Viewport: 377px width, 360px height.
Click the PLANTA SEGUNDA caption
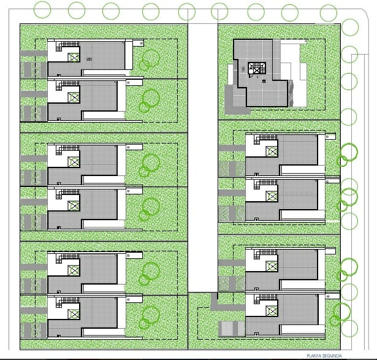(x=324, y=356)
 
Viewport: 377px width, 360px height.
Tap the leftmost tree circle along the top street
(x=42, y=10)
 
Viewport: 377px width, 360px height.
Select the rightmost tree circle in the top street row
(x=329, y=13)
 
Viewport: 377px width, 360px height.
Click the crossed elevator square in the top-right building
(x=257, y=71)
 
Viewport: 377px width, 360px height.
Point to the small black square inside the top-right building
(x=264, y=82)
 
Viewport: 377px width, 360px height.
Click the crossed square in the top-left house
(x=74, y=58)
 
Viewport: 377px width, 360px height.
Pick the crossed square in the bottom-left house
(x=74, y=314)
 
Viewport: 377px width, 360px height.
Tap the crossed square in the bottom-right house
(x=272, y=311)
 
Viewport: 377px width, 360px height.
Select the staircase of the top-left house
(x=67, y=46)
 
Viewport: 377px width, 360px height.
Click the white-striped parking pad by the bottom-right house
(x=231, y=329)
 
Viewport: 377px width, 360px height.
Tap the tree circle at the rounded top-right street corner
(x=350, y=27)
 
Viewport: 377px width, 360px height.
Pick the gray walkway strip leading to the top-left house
(x=34, y=53)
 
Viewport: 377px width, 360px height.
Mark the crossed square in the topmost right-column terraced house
(x=272, y=151)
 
